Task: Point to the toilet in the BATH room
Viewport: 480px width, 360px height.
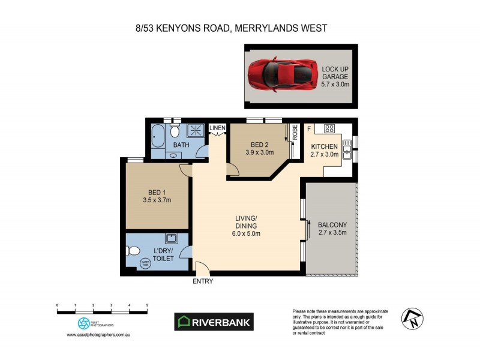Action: click(x=175, y=131)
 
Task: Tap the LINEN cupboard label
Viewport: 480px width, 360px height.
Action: click(x=217, y=128)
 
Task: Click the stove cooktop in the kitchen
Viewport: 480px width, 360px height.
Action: click(x=329, y=128)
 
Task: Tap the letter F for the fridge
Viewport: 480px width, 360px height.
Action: click(x=309, y=127)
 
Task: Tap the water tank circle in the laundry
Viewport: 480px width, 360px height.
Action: click(x=145, y=262)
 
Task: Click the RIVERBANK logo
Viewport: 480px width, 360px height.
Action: click(x=214, y=322)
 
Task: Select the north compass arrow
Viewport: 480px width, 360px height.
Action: click(x=412, y=318)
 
